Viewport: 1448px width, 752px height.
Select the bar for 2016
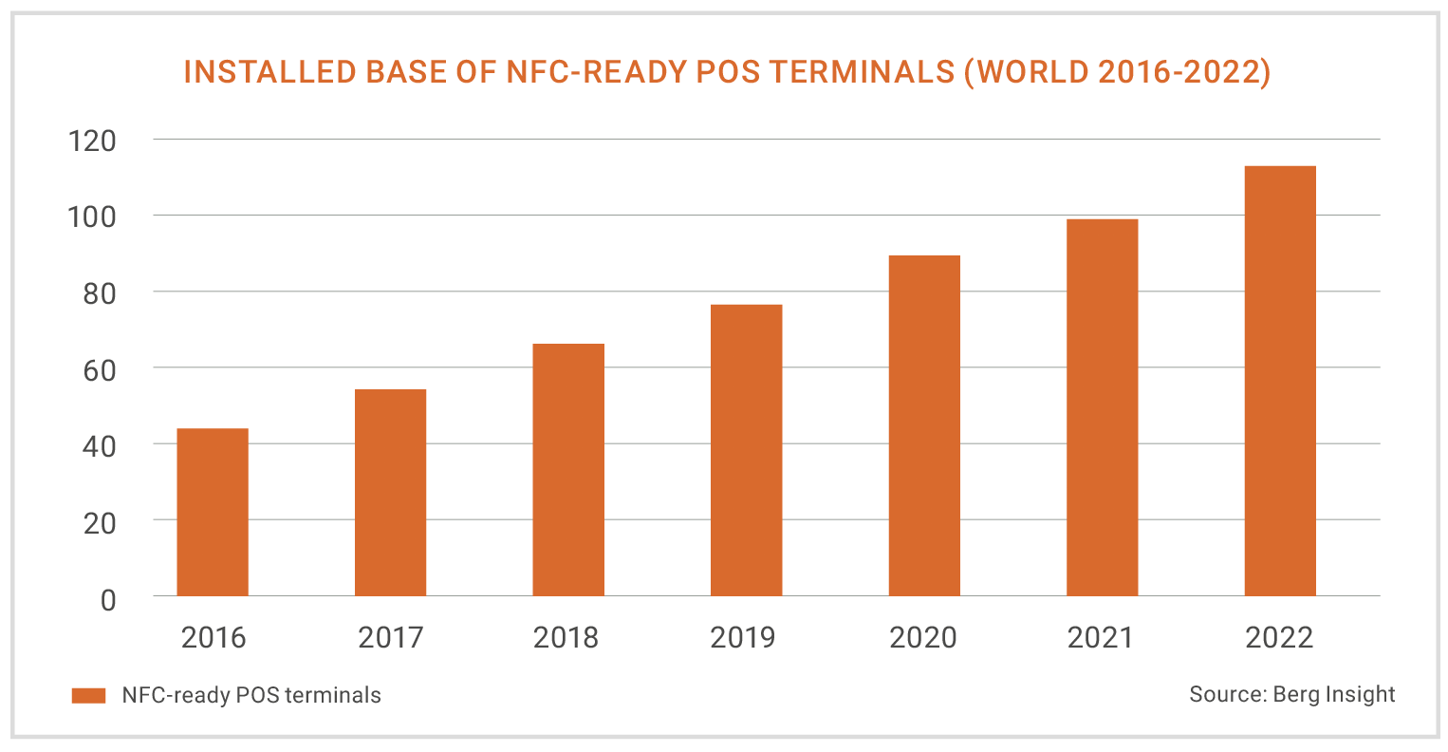click(x=213, y=513)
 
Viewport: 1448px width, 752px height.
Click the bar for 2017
click(x=390, y=493)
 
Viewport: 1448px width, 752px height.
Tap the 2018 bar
click(x=568, y=470)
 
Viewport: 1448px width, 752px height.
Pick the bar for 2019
click(x=746, y=450)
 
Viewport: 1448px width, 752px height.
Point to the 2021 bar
click(x=1102, y=407)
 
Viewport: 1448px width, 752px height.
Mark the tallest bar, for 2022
click(x=1280, y=381)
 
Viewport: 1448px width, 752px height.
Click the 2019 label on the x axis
click(x=742, y=637)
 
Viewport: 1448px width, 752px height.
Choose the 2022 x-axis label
click(x=1280, y=637)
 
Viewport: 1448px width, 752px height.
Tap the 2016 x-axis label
click(x=213, y=637)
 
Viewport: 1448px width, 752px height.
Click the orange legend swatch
click(x=88, y=696)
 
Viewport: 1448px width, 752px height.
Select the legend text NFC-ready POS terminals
click(x=251, y=695)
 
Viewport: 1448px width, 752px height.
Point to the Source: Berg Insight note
click(x=1291, y=694)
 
